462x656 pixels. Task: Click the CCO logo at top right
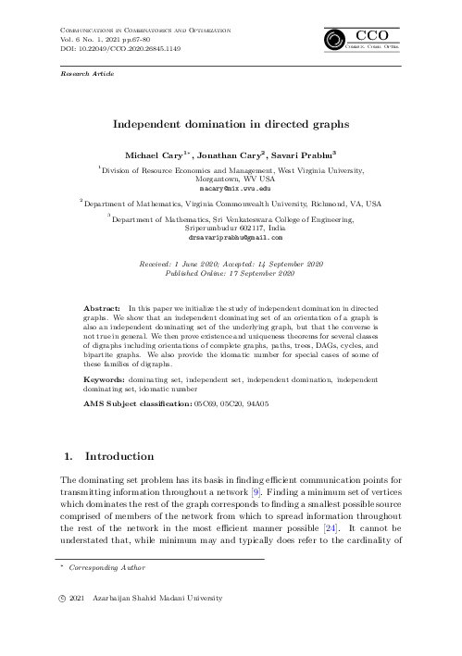362,40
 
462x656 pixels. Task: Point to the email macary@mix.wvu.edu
231,187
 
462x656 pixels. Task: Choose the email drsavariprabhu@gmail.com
231,238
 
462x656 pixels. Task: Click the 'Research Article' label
81,71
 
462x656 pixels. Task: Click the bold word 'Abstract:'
102,304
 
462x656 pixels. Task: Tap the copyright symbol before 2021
64,600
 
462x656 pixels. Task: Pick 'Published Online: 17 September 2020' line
231,273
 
